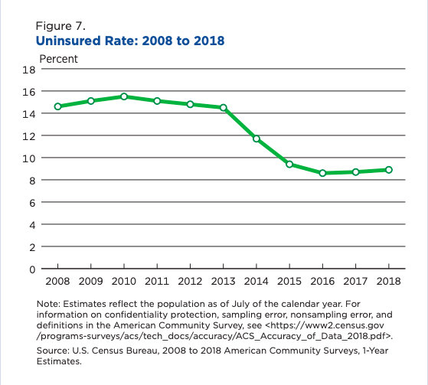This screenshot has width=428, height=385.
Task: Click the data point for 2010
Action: (124, 96)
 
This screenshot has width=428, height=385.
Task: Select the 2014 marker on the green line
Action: (256, 139)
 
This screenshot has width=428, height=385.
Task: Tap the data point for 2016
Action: (322, 173)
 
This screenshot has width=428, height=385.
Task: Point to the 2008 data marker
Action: (58, 106)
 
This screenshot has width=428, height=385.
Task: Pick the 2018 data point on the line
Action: (389, 170)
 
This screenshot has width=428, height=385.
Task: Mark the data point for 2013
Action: (224, 108)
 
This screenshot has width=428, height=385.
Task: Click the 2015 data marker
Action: (289, 165)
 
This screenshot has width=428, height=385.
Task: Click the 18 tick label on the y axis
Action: (29, 70)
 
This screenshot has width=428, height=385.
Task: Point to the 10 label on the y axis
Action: (29, 158)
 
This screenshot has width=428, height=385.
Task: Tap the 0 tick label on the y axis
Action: (32, 269)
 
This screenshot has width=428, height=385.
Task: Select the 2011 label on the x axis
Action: (157, 281)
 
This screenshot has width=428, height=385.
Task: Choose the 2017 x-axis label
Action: (355, 281)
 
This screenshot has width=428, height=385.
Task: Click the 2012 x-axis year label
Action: (190, 281)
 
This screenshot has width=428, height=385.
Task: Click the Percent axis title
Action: (59, 59)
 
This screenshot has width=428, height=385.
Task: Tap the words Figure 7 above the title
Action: (60, 26)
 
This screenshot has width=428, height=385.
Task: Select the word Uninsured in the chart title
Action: (68, 41)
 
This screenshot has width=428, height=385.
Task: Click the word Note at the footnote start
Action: (48, 304)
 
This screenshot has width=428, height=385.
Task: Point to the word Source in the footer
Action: (53, 351)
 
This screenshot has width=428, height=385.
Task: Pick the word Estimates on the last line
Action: (59, 361)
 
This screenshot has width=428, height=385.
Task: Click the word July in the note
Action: (240, 304)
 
